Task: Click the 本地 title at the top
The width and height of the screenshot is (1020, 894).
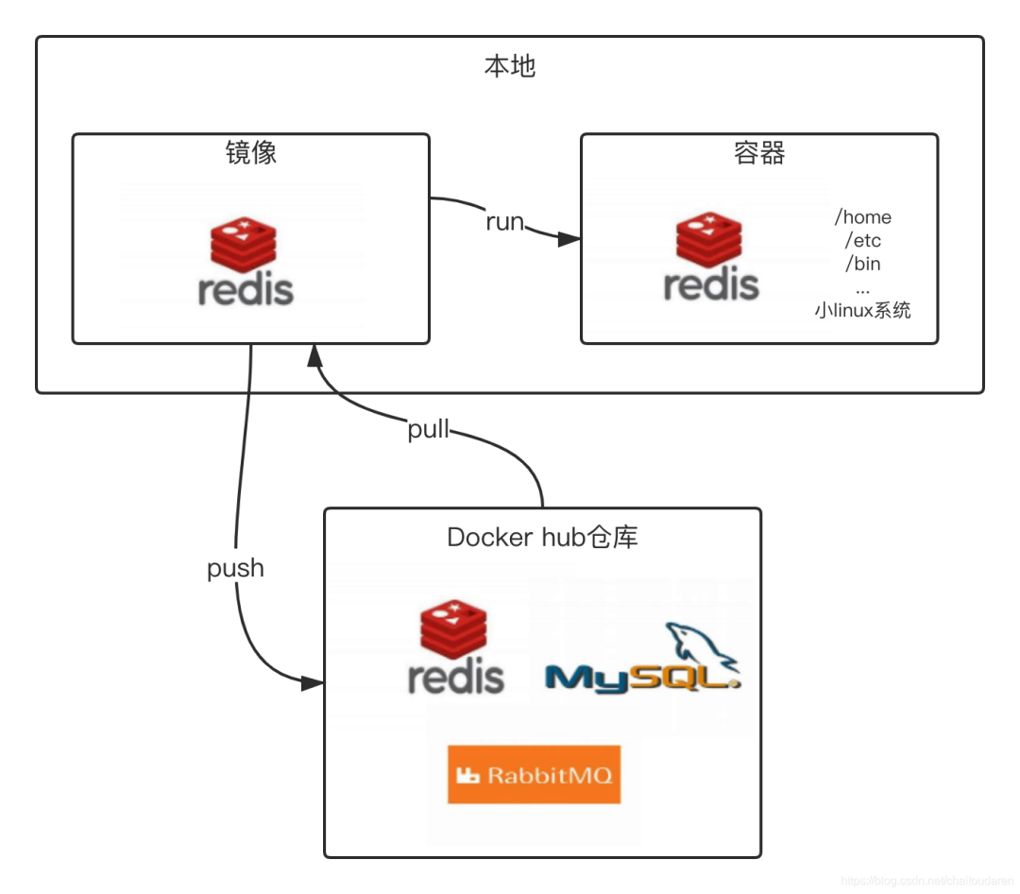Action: pos(510,67)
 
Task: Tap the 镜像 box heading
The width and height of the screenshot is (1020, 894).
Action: pos(251,153)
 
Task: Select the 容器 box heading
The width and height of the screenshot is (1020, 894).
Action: pos(759,153)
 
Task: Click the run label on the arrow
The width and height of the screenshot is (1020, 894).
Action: pos(504,223)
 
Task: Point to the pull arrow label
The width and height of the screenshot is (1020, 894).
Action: pos(429,429)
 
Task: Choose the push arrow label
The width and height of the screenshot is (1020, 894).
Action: pos(235,568)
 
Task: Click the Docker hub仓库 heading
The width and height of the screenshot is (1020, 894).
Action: pos(542,537)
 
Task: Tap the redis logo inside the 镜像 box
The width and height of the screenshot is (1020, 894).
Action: pos(246,261)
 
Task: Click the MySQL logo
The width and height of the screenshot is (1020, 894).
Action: pos(642,662)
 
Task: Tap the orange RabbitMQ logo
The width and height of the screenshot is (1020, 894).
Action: pos(534,775)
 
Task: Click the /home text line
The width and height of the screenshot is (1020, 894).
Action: pos(862,217)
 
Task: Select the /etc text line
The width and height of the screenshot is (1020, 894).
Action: pos(862,240)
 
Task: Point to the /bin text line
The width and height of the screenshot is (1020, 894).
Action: pos(862,263)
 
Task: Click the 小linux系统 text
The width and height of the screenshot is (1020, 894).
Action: pos(862,310)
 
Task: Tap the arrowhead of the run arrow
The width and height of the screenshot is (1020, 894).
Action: pos(569,240)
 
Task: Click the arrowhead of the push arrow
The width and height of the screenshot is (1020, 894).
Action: pos(313,682)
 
